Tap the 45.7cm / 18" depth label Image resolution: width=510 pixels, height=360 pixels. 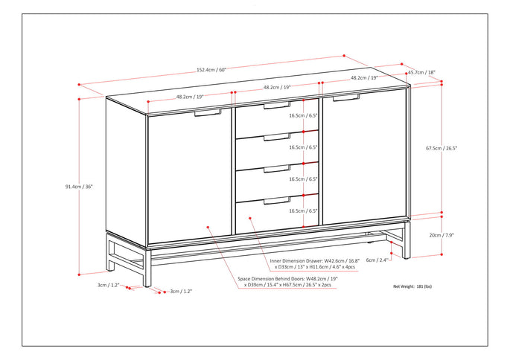421,73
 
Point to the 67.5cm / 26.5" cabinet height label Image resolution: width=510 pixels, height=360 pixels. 442,148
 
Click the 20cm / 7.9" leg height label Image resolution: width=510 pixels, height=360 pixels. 442,235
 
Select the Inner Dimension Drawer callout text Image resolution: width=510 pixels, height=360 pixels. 305,266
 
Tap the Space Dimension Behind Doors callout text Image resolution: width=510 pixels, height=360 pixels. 287,283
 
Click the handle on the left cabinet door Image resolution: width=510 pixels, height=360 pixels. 208,113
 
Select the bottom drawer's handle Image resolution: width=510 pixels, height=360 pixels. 277,200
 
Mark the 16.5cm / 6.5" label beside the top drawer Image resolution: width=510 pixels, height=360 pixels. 303,116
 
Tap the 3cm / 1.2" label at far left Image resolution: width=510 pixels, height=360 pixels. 109,285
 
